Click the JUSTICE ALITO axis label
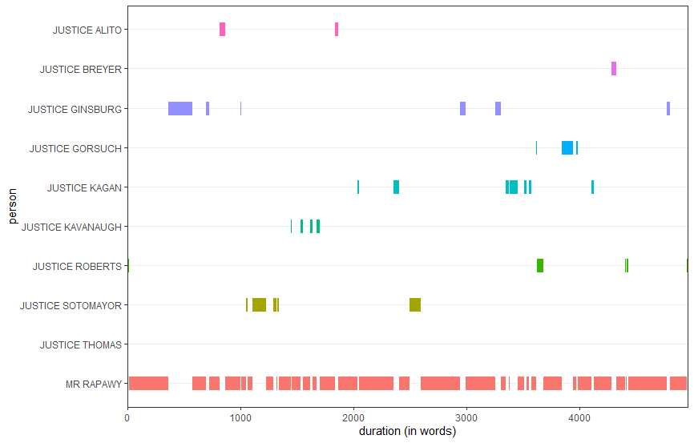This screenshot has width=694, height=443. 87,30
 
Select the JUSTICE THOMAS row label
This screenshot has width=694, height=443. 80,345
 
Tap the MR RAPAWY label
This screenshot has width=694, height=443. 94,385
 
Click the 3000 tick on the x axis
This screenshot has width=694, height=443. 466,417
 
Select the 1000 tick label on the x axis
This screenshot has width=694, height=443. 240,417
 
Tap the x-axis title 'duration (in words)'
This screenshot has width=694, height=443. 408,432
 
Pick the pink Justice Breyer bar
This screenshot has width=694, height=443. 614,69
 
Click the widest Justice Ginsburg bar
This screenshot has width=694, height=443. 180,108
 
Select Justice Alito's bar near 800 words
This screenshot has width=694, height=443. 222,30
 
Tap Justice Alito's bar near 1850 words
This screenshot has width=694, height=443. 337,30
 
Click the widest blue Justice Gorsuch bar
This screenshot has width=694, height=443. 567,147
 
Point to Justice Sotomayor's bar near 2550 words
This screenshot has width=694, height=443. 415,304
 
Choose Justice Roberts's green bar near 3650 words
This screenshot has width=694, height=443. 540,266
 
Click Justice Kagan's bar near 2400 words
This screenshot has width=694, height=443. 396,187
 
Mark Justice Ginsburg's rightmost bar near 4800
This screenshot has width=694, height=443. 668,108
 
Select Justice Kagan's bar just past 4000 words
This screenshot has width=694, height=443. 593,187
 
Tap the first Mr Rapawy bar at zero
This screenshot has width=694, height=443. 148,384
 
